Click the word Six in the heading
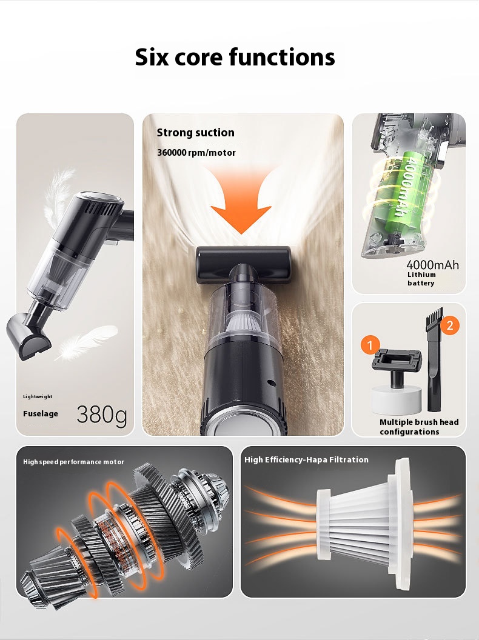[151, 57]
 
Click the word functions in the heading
[282, 57]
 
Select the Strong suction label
[196, 133]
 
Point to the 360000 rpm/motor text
[196, 153]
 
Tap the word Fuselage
[41, 413]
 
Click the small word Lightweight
[38, 396]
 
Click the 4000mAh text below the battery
[432, 265]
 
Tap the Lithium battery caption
[421, 279]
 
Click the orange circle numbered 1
[370, 345]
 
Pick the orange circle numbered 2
[450, 325]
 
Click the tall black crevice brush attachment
[435, 359]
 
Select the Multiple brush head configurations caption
[419, 427]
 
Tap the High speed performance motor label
[73, 462]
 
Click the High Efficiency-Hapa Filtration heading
[306, 459]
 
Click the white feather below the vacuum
[87, 342]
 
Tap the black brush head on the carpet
[243, 264]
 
